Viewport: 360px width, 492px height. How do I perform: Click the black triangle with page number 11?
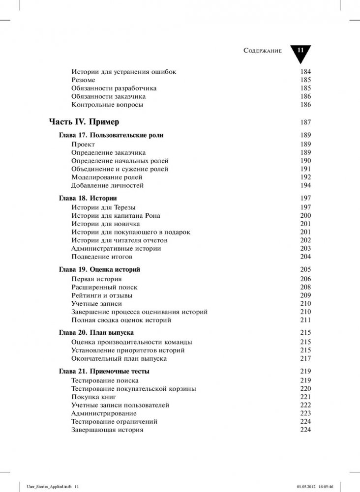click(300, 52)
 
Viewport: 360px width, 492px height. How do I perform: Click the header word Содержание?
click(262, 51)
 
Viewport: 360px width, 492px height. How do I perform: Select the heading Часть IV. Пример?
click(84, 121)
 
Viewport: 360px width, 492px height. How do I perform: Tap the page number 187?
click(305, 122)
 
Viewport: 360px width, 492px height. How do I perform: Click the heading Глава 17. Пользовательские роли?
click(111, 135)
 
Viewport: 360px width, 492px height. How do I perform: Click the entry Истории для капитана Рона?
click(116, 216)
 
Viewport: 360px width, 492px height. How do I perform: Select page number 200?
click(305, 216)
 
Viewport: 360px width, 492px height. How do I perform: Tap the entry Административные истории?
click(116, 249)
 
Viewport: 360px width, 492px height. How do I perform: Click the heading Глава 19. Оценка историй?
click(100, 270)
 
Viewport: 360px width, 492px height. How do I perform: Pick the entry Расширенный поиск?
click(104, 288)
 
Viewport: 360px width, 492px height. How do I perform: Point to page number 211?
click(305, 320)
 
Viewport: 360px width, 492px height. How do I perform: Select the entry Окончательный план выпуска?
click(119, 359)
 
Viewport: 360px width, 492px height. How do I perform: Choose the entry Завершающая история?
click(107, 430)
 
